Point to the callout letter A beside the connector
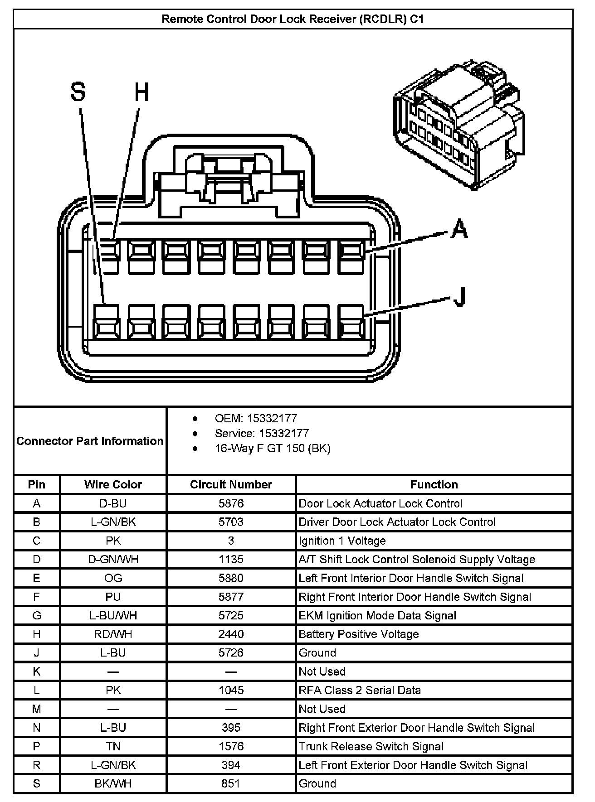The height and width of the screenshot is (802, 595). (459, 228)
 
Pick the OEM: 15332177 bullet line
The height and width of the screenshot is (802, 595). (256, 418)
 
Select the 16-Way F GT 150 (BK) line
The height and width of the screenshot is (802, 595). (272, 449)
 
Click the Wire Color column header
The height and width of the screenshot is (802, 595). (113, 484)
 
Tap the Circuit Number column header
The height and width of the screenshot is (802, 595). (231, 484)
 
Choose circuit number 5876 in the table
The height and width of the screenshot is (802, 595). (231, 503)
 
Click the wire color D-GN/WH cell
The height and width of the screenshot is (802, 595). (113, 560)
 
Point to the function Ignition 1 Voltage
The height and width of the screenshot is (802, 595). (342, 541)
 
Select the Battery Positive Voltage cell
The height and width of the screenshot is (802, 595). (358, 634)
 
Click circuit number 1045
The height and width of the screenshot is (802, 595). (231, 690)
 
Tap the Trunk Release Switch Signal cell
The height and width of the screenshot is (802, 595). (371, 746)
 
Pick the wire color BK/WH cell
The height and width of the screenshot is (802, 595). (113, 783)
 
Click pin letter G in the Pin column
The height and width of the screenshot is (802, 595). (37, 615)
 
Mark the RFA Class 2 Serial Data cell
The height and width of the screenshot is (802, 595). (360, 690)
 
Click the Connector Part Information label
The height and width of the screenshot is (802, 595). (90, 441)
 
